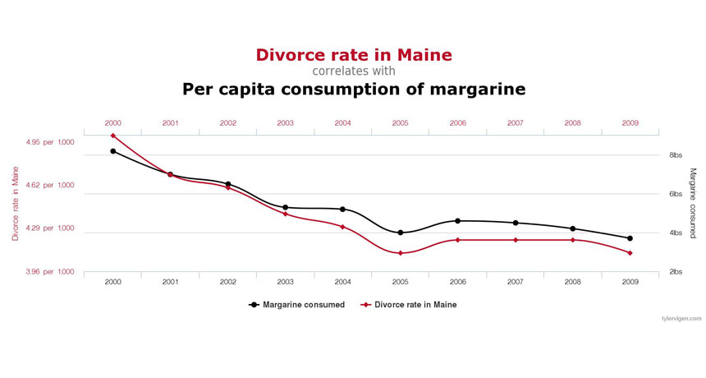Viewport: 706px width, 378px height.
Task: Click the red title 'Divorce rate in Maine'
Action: (x=354, y=55)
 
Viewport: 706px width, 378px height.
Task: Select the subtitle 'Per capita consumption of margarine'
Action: (x=354, y=89)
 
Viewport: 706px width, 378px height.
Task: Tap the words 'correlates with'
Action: (x=354, y=71)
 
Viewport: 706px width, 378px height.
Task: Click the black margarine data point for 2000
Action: (x=112, y=151)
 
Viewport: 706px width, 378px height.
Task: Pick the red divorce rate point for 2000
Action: (x=112, y=136)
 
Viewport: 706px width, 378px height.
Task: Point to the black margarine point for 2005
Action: (x=400, y=233)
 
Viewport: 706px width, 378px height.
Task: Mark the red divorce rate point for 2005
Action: (x=400, y=253)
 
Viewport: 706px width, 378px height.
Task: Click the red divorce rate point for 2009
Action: (x=630, y=253)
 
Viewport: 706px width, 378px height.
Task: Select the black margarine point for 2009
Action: (x=630, y=238)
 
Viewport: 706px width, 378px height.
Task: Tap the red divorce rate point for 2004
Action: (x=342, y=227)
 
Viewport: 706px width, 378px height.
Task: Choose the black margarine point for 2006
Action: (x=457, y=221)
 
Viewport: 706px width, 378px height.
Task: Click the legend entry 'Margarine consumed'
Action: (x=297, y=305)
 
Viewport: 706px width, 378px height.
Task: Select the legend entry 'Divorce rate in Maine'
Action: (x=408, y=305)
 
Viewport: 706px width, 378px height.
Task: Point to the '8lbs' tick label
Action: (x=676, y=155)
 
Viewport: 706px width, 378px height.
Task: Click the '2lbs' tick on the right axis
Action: (x=676, y=272)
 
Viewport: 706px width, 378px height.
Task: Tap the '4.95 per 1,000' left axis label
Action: (x=51, y=142)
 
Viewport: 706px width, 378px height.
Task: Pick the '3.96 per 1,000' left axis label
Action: (x=51, y=272)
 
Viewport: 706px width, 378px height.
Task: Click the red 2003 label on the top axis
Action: (x=285, y=123)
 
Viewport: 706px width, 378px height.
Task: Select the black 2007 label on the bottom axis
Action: (x=515, y=282)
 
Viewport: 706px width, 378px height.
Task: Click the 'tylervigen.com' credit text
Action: (x=681, y=318)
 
